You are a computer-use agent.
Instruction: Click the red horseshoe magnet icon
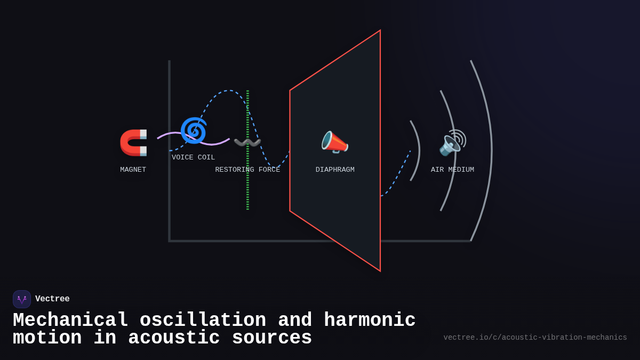click(x=133, y=142)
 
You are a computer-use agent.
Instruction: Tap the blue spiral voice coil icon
click(x=193, y=131)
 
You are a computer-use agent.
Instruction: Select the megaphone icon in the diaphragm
click(x=334, y=142)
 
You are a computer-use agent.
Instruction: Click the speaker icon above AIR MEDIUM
click(x=452, y=142)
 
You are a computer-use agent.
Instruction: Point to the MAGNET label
click(x=133, y=170)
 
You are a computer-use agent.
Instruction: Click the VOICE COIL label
click(x=193, y=157)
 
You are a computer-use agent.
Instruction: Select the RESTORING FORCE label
click(x=247, y=170)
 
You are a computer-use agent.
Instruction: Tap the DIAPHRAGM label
click(x=335, y=170)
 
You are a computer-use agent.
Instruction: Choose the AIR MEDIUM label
click(x=452, y=170)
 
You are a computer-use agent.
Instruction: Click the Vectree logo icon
click(x=22, y=299)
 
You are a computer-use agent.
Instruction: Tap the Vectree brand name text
click(x=52, y=299)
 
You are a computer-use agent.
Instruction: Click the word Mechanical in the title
click(x=70, y=321)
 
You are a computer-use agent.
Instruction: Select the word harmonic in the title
click(x=370, y=321)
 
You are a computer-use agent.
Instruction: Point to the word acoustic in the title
click(x=174, y=338)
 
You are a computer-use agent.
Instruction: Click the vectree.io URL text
click(x=535, y=338)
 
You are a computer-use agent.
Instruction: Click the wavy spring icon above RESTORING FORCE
click(x=247, y=142)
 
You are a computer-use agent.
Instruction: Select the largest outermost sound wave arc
click(x=490, y=151)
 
